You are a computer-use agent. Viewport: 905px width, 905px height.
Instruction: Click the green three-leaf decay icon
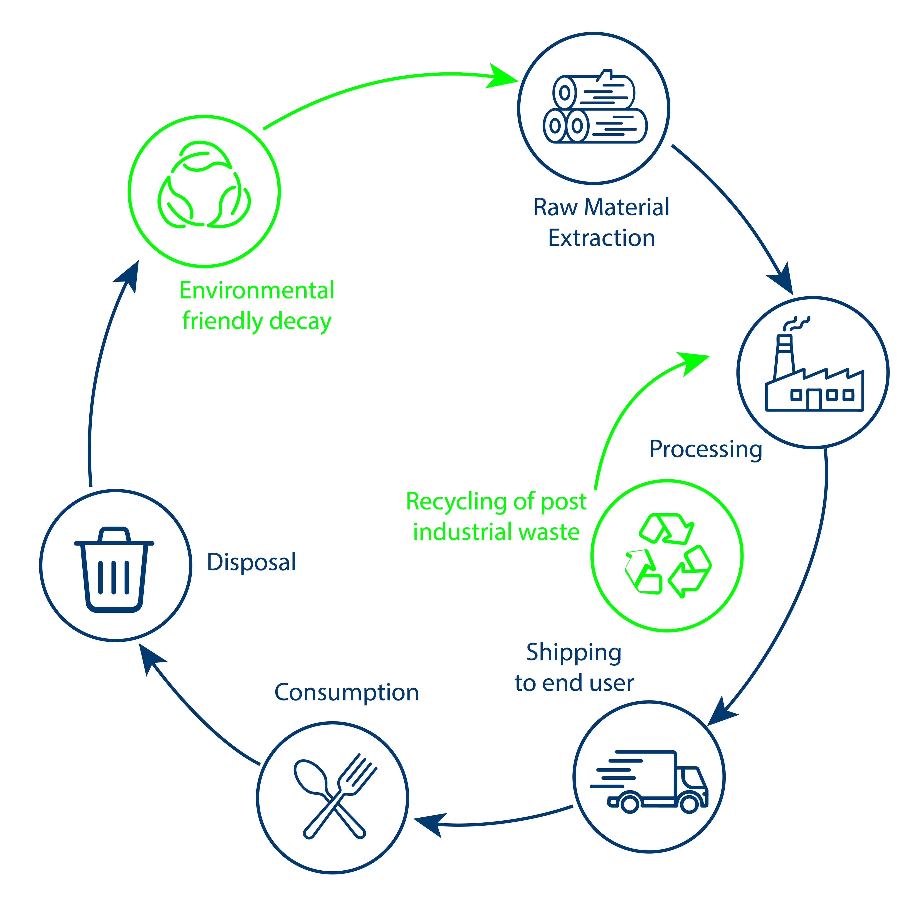click(204, 185)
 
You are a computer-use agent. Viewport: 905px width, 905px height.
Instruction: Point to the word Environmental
click(257, 291)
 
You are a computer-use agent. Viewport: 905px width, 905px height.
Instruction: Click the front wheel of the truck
click(689, 804)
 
